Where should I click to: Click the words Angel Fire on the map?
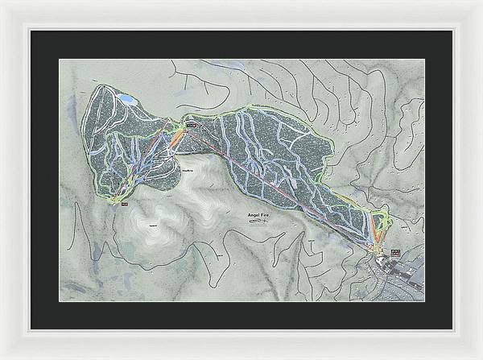pyautogui.click(x=259, y=215)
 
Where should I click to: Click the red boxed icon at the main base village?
pyautogui.click(x=394, y=253)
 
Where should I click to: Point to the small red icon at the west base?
pyautogui.click(x=125, y=205)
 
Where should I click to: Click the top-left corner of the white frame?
pyautogui.click(x=3, y=3)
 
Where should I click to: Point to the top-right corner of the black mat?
pyautogui.click(x=452, y=31)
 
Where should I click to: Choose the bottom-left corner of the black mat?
pyautogui.click(x=31, y=329)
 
